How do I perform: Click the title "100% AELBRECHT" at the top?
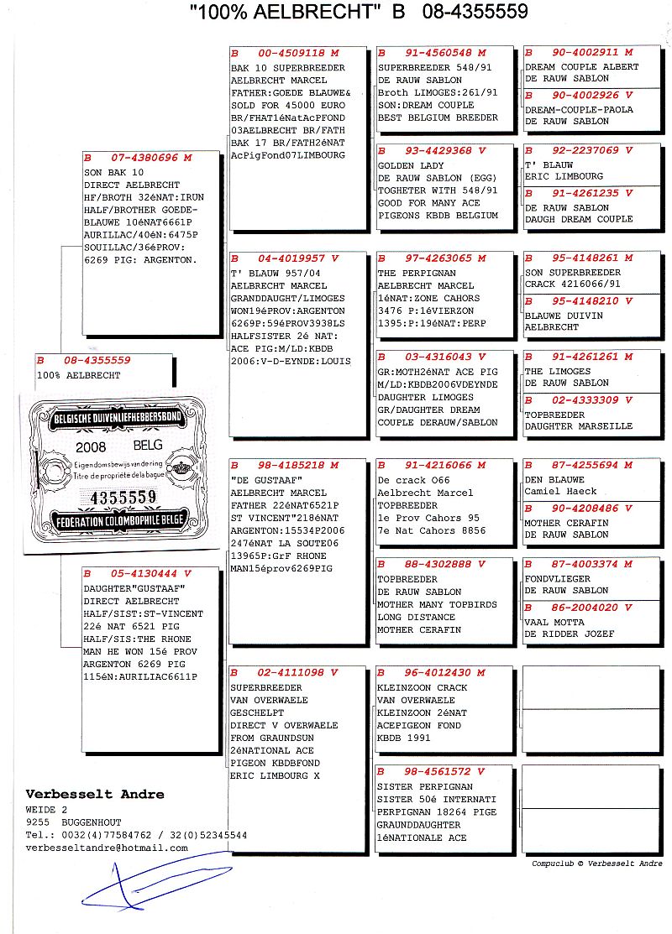[286, 12]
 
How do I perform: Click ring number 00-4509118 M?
[273, 52]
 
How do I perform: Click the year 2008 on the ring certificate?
[91, 446]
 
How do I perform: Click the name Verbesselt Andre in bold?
[95, 794]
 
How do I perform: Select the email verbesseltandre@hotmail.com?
[107, 848]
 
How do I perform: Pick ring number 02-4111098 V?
[273, 673]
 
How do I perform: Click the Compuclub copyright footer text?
[596, 864]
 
